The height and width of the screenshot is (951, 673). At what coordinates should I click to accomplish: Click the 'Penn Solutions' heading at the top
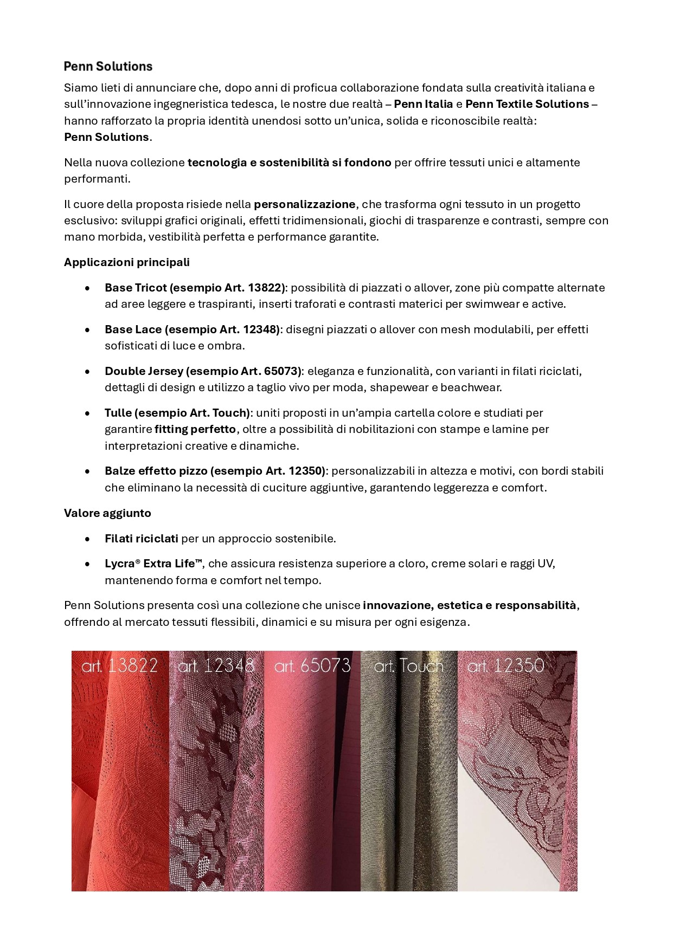tap(108, 67)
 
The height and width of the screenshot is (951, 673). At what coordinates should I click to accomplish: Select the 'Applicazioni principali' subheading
tap(127, 262)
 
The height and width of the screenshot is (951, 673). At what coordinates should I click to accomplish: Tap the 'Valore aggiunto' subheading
tap(107, 513)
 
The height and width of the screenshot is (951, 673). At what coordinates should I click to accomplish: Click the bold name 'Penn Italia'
tap(423, 104)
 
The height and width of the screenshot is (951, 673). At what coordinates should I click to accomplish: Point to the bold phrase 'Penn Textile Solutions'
tap(527, 104)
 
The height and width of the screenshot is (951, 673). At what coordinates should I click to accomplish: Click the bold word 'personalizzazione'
tap(304, 204)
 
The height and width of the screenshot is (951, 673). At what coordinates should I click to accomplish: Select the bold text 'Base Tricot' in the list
tap(136, 288)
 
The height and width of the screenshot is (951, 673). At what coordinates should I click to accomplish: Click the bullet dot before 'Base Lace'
tap(88, 330)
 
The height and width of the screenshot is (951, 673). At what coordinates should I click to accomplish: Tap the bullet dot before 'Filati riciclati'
tap(88, 539)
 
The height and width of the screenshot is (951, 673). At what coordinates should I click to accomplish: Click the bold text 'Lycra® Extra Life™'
tap(153, 564)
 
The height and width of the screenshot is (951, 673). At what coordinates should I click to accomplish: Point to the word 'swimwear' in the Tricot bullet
tap(493, 304)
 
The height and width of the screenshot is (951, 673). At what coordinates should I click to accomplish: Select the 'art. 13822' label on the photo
tap(119, 665)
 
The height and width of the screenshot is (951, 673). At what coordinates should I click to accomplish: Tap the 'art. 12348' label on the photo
tap(216, 665)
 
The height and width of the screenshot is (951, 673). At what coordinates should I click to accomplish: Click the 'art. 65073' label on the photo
tap(312, 665)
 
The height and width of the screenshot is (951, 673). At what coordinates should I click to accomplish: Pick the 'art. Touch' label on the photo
tap(408, 665)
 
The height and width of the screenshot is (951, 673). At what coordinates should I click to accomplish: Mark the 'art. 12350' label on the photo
tap(505, 665)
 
